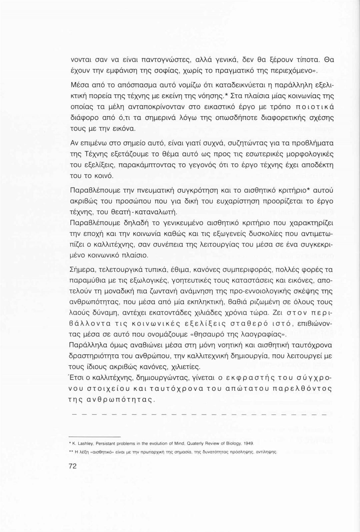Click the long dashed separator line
(x=199, y=415)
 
